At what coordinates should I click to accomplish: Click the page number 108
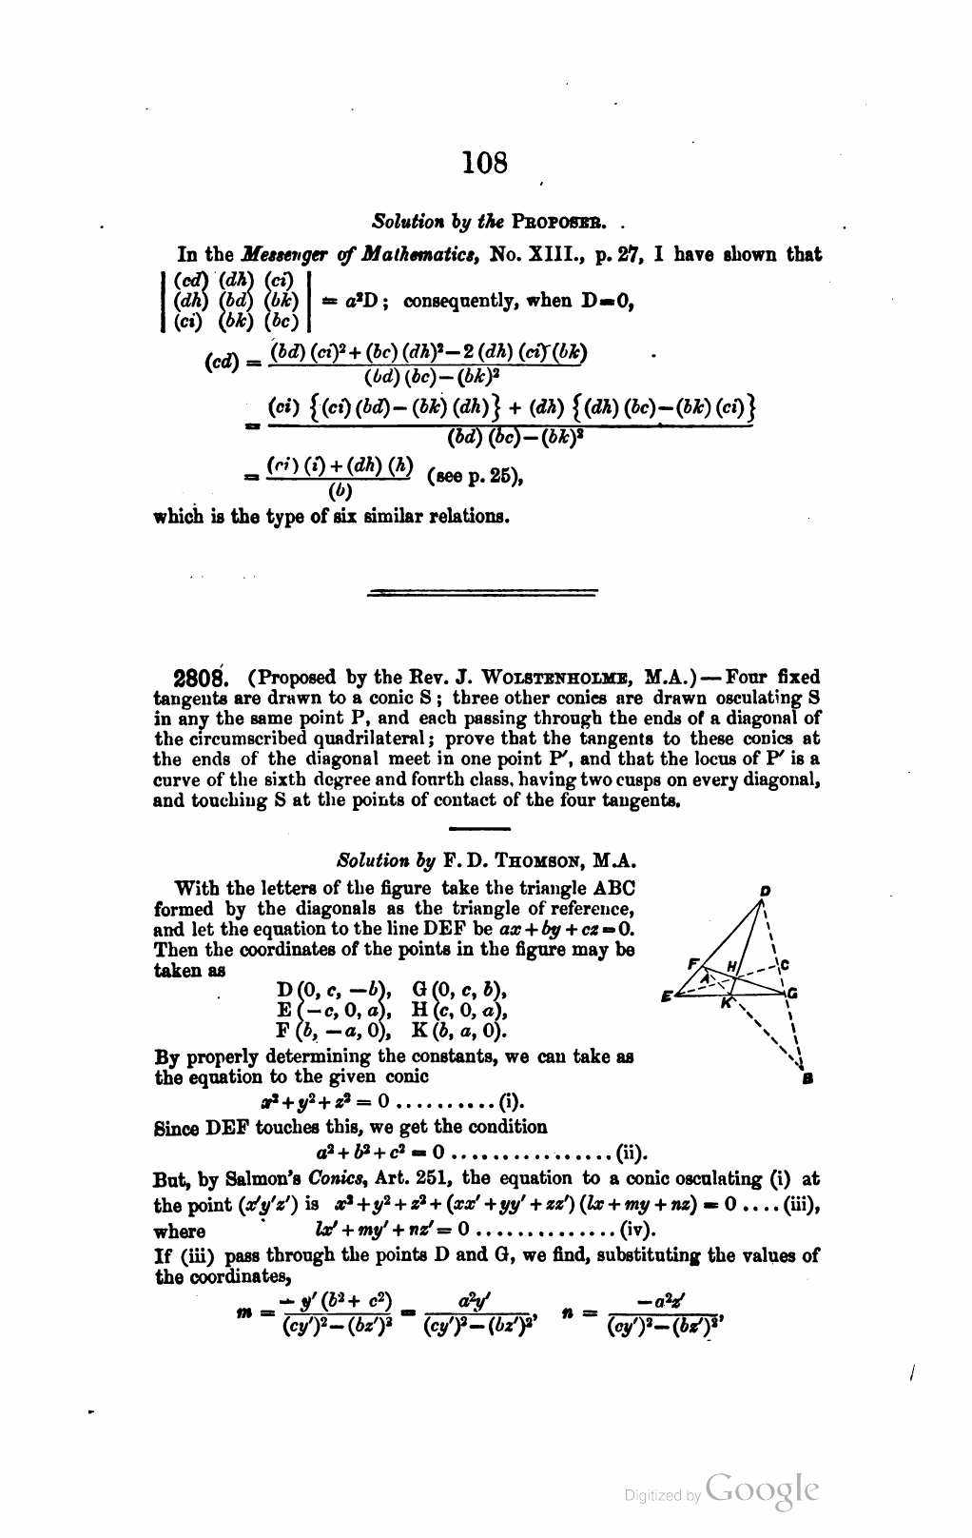(x=485, y=163)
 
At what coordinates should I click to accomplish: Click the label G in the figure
(x=792, y=994)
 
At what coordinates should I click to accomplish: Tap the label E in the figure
(x=666, y=996)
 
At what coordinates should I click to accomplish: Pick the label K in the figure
(x=726, y=1003)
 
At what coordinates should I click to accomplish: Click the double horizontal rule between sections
(x=481, y=593)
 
